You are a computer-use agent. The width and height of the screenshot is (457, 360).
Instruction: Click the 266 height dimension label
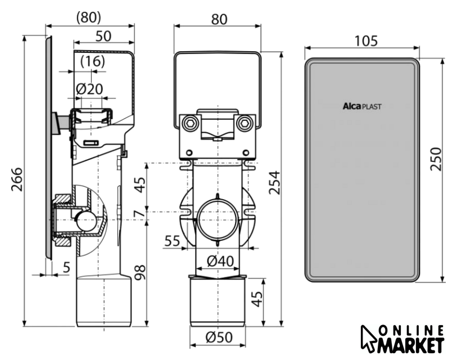click(17, 179)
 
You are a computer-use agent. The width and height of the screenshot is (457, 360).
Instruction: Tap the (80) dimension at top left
click(89, 18)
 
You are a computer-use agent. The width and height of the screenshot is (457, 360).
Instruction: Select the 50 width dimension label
click(103, 36)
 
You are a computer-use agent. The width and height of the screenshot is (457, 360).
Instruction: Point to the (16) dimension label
click(92, 61)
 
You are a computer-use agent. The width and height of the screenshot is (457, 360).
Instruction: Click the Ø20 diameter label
click(89, 89)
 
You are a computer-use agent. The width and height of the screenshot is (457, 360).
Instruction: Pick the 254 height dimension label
click(274, 183)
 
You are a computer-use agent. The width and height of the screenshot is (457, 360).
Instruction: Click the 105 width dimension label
click(366, 41)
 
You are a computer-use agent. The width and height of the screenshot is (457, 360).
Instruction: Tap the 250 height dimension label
click(436, 159)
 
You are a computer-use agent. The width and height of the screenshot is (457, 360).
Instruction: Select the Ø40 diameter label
click(220, 261)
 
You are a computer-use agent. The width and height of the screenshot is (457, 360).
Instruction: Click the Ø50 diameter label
click(219, 337)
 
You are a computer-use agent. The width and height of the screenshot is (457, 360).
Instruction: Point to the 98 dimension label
click(141, 272)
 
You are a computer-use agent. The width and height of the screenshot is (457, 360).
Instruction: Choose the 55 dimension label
click(172, 241)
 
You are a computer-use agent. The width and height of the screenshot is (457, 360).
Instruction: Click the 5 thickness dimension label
click(67, 267)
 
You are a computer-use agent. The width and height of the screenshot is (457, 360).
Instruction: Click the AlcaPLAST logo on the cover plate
click(362, 106)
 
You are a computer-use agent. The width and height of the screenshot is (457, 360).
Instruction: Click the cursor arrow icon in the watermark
click(368, 339)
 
